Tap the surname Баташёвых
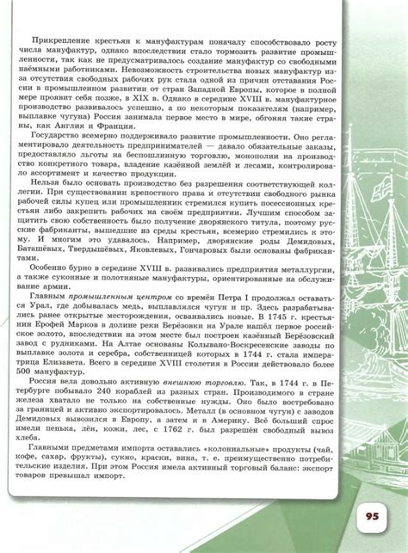[x=55, y=248]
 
